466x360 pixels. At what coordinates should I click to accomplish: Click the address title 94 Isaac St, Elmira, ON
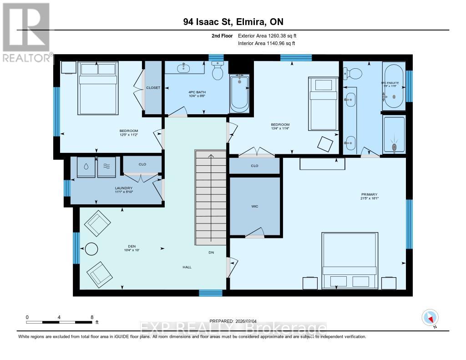pyautogui.click(x=233, y=22)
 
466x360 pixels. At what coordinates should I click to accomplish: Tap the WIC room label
pyautogui.click(x=254, y=206)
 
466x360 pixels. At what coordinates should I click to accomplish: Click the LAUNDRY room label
pyautogui.click(x=123, y=188)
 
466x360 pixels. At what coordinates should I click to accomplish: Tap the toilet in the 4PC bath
pyautogui.click(x=217, y=71)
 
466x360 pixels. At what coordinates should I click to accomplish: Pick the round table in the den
pyautogui.click(x=91, y=249)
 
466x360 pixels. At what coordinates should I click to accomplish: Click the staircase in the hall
pyautogui.click(x=211, y=198)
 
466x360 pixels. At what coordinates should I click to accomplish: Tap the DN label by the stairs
pyautogui.click(x=211, y=252)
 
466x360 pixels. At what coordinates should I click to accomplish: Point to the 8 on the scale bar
pyautogui.click(x=92, y=317)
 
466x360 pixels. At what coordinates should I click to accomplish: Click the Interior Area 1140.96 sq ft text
pyautogui.click(x=267, y=44)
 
